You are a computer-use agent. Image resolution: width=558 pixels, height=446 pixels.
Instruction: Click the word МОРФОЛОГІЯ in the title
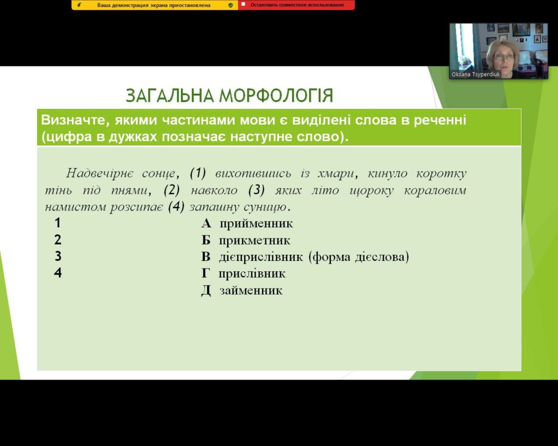click(x=276, y=95)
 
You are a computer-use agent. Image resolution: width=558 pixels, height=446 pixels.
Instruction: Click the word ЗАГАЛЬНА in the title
click(x=170, y=95)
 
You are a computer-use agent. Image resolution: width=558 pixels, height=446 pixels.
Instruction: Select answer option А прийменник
click(x=247, y=223)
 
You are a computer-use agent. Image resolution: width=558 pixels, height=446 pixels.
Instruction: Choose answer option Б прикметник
click(x=246, y=240)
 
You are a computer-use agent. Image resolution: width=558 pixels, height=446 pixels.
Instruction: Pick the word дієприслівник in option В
click(x=261, y=257)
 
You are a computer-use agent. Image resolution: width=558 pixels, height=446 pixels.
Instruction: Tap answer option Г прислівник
click(x=244, y=273)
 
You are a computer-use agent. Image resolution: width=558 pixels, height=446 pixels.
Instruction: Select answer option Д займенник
click(x=242, y=290)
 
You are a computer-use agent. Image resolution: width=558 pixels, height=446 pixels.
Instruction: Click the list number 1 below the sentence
click(x=58, y=223)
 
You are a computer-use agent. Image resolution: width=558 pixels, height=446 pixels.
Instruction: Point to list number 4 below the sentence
click(x=58, y=273)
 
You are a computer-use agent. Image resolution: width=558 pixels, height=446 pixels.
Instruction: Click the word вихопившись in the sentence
click(x=253, y=174)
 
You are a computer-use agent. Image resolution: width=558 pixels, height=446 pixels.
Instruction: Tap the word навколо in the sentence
click(x=214, y=190)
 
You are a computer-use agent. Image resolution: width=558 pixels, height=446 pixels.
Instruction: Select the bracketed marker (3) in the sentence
click(x=257, y=190)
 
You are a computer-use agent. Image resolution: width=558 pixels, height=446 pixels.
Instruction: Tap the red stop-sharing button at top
click(x=296, y=5)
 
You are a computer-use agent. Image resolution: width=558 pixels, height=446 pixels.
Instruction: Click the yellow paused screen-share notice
click(x=155, y=5)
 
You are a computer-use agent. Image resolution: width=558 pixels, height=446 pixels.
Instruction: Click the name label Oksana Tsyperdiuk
click(x=475, y=74)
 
